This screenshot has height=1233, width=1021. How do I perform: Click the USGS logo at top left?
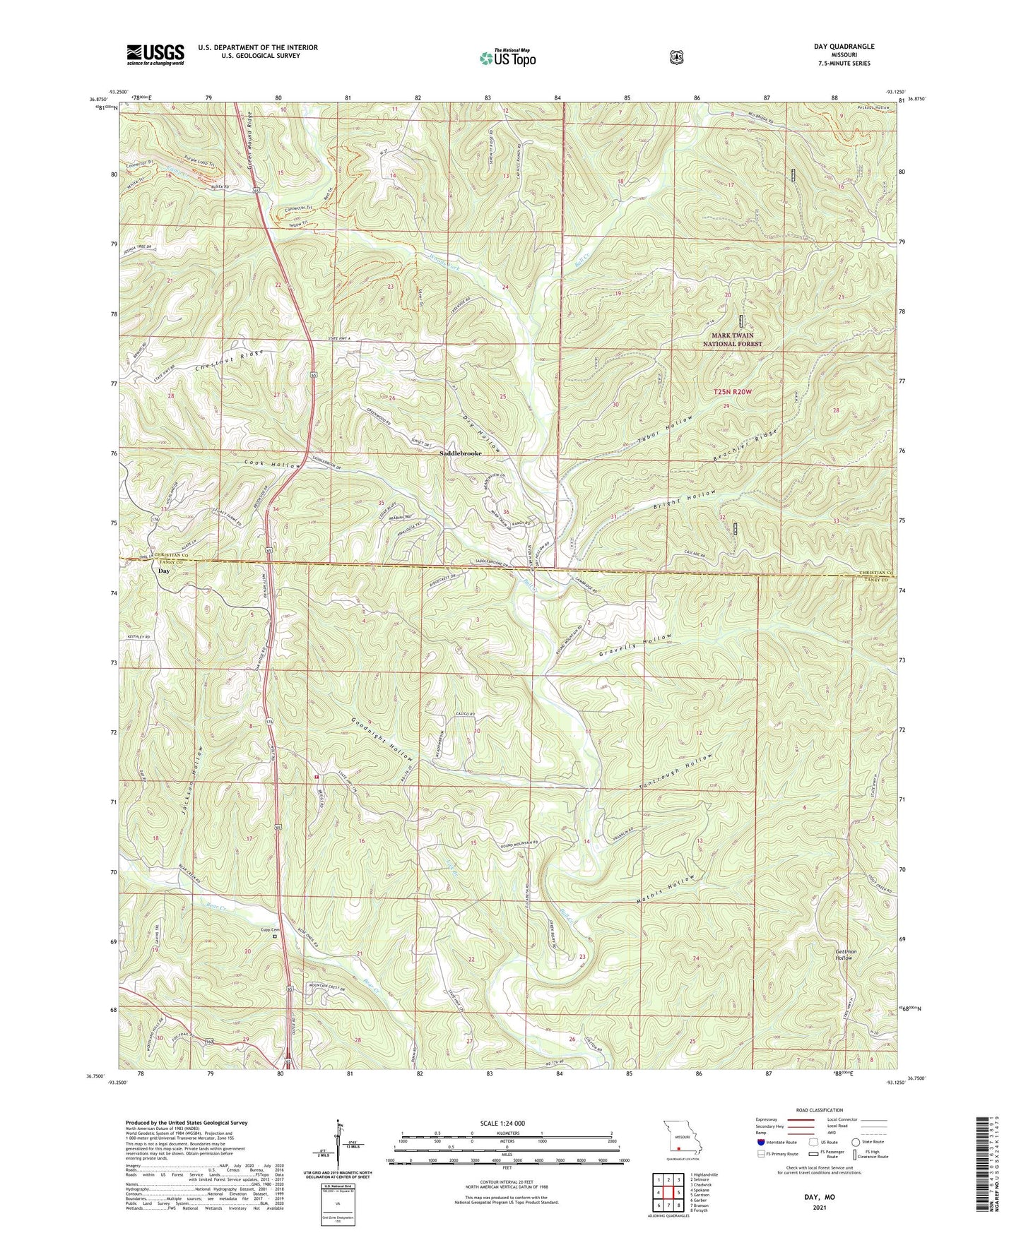[x=155, y=54]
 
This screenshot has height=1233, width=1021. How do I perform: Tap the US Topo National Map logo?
[x=507, y=58]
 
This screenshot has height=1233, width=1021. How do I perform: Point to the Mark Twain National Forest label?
[x=732, y=340]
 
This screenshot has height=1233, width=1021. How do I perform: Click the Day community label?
[x=164, y=571]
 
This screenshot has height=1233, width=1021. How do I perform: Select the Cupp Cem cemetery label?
[x=271, y=929]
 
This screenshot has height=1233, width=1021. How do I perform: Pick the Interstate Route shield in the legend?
[x=760, y=1142]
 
